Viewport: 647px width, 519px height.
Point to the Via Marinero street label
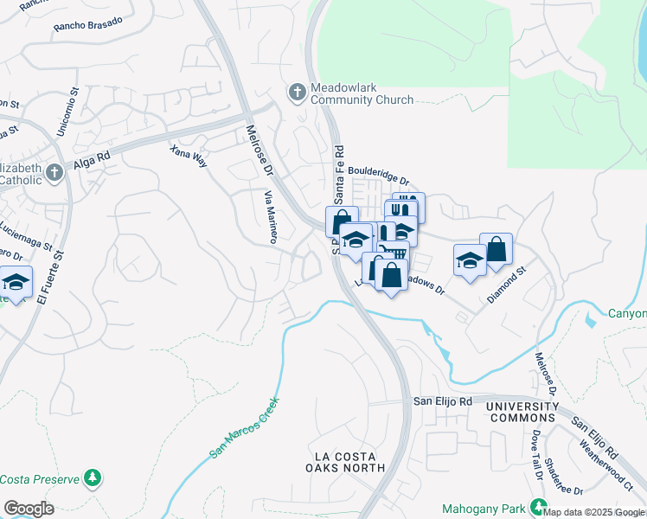[x=270, y=216]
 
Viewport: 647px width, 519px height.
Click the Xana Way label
[x=189, y=155]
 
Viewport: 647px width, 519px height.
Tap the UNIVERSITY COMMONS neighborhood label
[x=522, y=412]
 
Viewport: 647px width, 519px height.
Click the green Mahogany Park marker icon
[x=540, y=507]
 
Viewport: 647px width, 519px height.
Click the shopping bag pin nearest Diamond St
[x=496, y=248]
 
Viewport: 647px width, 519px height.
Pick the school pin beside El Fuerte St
[x=16, y=282]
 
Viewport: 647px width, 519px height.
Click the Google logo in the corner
[x=29, y=509]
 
